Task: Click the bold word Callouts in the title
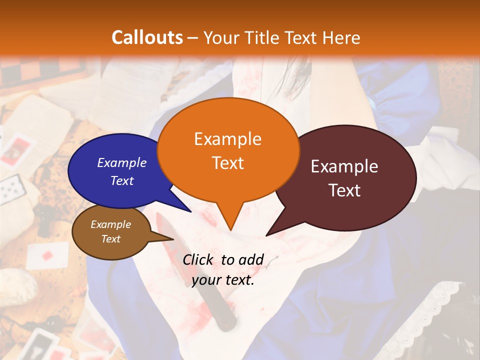(147, 37)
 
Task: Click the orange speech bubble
(228, 150)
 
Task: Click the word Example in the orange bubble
(227, 138)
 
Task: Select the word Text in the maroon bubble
(344, 190)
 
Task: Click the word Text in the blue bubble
(122, 180)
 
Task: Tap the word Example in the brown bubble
(110, 224)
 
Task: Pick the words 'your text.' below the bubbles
(223, 280)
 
